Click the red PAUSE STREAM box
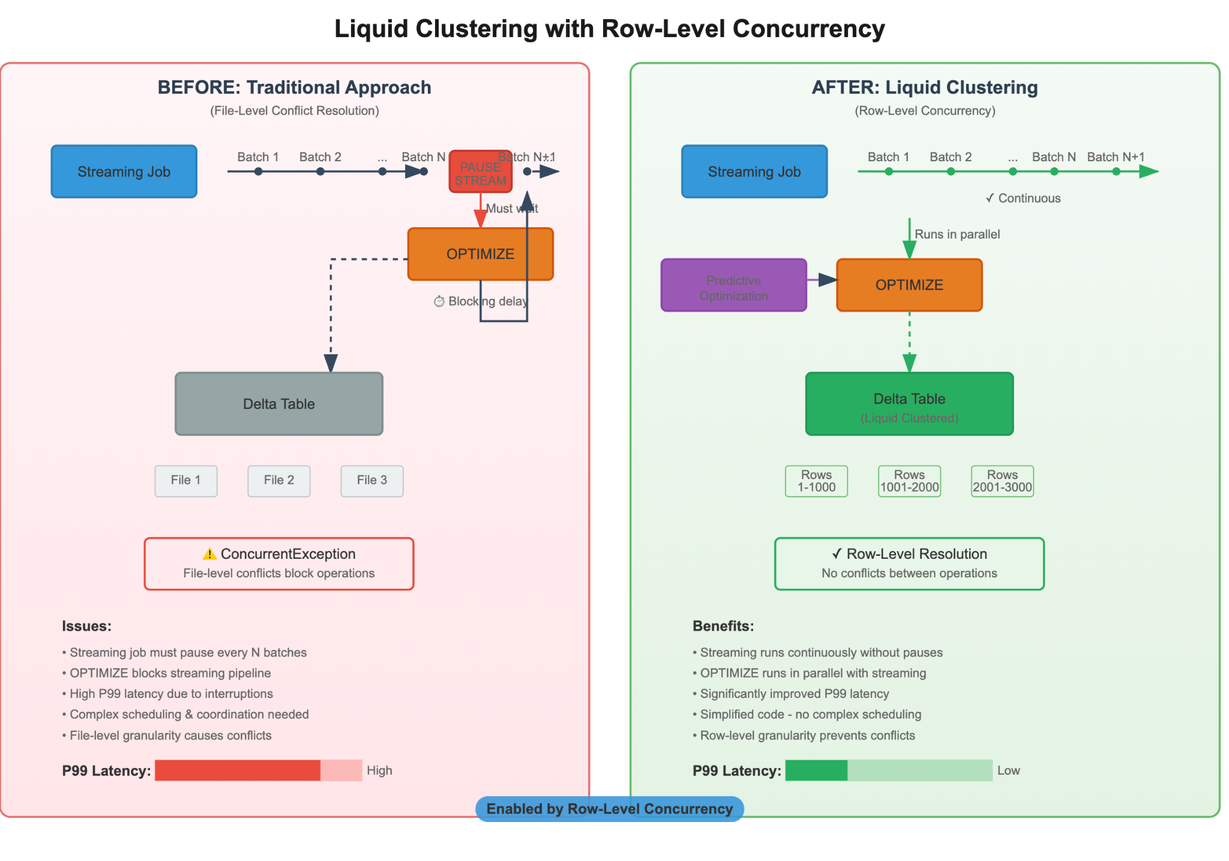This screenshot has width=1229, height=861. [x=480, y=172]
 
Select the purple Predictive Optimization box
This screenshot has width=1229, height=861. [x=733, y=285]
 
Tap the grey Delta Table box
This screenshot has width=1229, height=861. [x=279, y=404]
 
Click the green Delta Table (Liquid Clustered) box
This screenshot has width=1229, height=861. [x=909, y=404]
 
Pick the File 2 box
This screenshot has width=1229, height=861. [x=279, y=481]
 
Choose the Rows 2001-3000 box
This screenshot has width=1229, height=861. [x=1002, y=481]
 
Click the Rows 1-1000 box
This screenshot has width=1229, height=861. [x=816, y=481]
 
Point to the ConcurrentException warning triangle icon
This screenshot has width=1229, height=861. [x=209, y=554]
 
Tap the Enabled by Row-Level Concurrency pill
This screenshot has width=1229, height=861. [x=609, y=809]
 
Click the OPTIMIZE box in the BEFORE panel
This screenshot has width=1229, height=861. [x=480, y=254]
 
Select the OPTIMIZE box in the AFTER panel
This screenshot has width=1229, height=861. [x=909, y=285]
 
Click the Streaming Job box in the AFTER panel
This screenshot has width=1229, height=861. [x=754, y=172]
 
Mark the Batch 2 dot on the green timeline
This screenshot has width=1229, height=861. [x=951, y=172]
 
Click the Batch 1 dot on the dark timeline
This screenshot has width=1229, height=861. [x=258, y=172]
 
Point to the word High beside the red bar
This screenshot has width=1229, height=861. [x=379, y=770]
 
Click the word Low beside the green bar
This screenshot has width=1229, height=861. [x=1008, y=770]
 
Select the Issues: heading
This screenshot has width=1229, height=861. [x=87, y=626]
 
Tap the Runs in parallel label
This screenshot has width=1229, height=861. [x=957, y=234]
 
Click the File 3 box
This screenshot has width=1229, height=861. [x=372, y=481]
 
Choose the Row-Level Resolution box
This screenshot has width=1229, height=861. [x=909, y=564]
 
